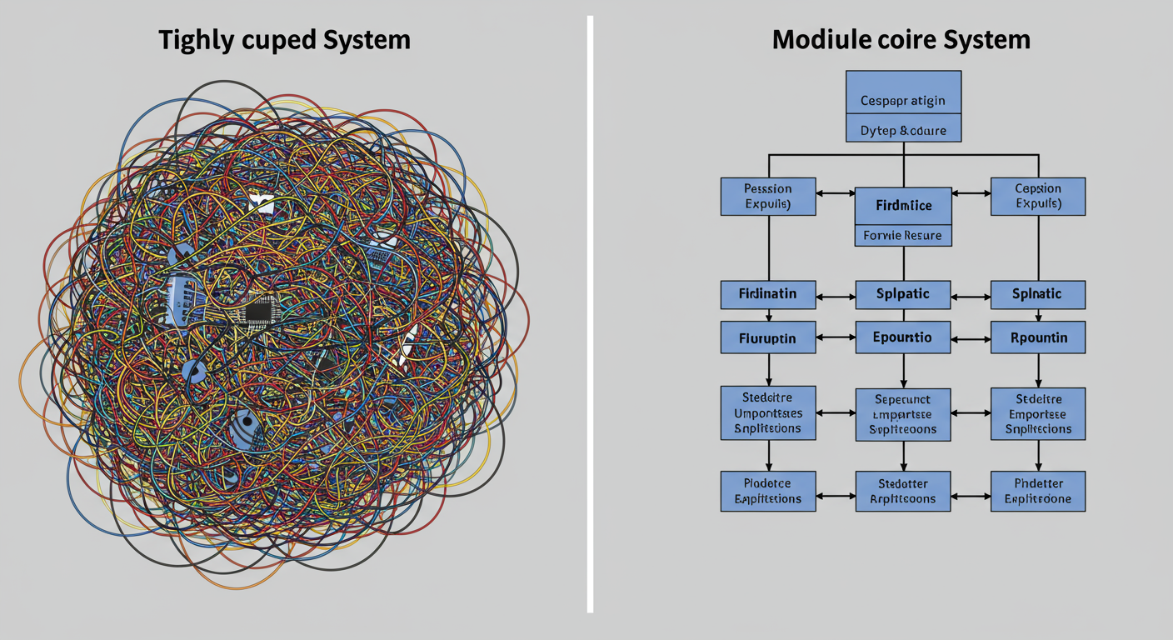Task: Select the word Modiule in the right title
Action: pyautogui.click(x=826, y=39)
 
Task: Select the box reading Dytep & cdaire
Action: pyautogui.click(x=903, y=131)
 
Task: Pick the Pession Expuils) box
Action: pyautogui.click(x=768, y=196)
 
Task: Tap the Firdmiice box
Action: pyautogui.click(x=903, y=206)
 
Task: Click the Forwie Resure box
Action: pyautogui.click(x=903, y=236)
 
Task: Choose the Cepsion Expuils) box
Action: pyautogui.click(x=1038, y=196)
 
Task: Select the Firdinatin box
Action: pyautogui.click(x=768, y=294)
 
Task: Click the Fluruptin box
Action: pyautogui.click(x=768, y=338)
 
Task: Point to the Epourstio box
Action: pyautogui.click(x=903, y=338)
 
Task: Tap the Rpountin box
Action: pyautogui.click(x=1038, y=338)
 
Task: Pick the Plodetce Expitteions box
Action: pyautogui.click(x=768, y=491)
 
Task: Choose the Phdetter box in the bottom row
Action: pyautogui.click(x=1038, y=491)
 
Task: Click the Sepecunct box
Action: pyautogui.click(x=903, y=413)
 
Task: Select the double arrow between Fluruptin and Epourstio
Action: pyautogui.click(x=836, y=338)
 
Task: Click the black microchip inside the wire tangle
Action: pyautogui.click(x=258, y=312)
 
